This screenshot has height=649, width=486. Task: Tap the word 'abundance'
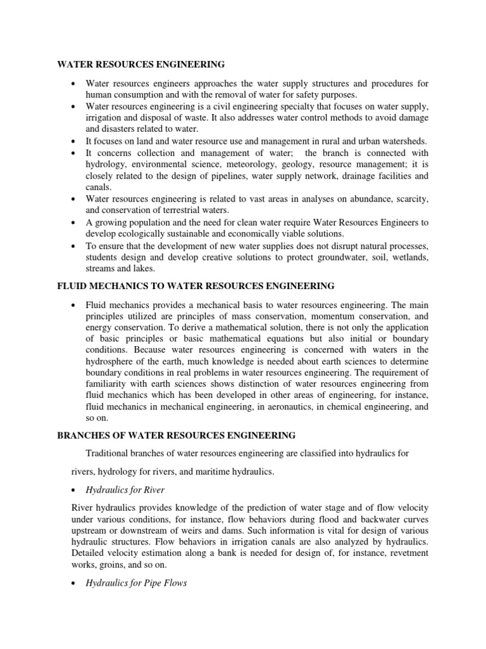[359, 199]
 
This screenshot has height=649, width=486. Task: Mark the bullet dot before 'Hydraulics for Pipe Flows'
[75, 584]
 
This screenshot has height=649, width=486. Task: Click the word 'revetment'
[407, 553]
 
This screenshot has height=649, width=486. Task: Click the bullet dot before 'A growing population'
[75, 222]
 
